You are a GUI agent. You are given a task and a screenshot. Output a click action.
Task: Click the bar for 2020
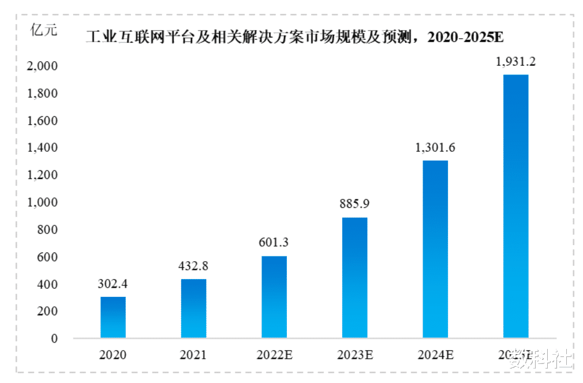pos(113,317)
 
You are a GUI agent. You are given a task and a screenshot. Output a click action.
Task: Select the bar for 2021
pos(193,308)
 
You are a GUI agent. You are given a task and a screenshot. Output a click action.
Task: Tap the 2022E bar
pos(274,297)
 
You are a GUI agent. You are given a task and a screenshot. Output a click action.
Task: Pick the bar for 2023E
pos(354,277)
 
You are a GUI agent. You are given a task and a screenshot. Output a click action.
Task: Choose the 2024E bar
pos(435,249)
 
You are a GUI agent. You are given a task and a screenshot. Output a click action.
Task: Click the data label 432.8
pos(193,266)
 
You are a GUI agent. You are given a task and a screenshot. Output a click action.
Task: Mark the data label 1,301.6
pos(435,148)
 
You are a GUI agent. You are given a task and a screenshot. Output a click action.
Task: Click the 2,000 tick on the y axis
pos(43,66)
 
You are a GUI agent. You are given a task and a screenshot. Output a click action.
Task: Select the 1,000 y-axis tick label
pos(43,203)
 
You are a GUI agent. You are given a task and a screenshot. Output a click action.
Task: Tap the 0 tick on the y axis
pos(54,339)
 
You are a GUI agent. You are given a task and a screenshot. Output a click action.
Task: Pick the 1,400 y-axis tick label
pos(43,148)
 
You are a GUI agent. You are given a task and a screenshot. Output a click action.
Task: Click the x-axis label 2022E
pos(274,355)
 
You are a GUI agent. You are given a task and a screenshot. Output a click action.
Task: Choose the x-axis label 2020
pos(113,355)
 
